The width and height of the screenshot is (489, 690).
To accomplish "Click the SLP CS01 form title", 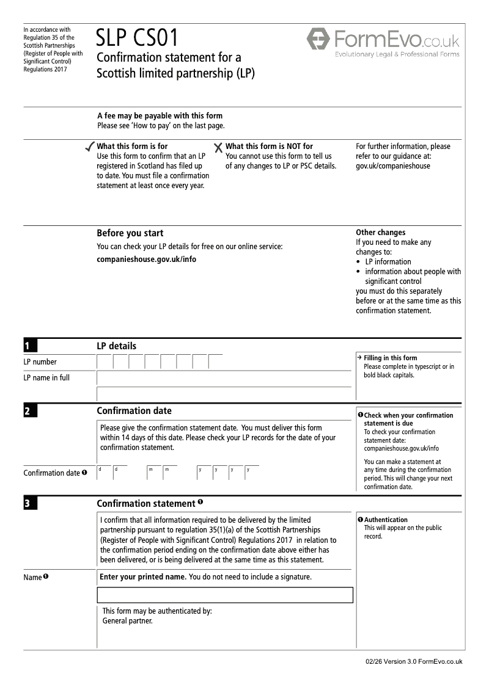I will (x=137, y=38).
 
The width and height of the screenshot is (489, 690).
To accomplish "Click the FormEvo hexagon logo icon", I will (x=318, y=40).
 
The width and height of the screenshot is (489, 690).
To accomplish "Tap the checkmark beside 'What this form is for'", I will (x=89, y=147).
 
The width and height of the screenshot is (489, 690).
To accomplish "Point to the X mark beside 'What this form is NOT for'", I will (x=218, y=147).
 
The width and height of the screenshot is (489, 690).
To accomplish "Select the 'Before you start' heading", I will (x=130, y=233).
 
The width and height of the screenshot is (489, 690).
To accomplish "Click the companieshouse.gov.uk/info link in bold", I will (x=147, y=259).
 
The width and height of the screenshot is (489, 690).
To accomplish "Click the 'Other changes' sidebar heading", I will (x=380, y=233).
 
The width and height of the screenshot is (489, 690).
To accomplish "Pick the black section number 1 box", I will (x=30, y=346).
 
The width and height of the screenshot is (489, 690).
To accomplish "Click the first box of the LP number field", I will (x=105, y=361).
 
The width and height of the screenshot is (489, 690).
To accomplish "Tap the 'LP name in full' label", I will (x=46, y=378).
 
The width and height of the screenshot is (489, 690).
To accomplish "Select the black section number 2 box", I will (x=30, y=411).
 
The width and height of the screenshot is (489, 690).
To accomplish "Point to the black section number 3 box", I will (x=30, y=504).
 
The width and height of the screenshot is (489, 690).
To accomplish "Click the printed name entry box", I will (x=225, y=595).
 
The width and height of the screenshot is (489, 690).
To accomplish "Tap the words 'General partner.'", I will (x=127, y=622).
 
